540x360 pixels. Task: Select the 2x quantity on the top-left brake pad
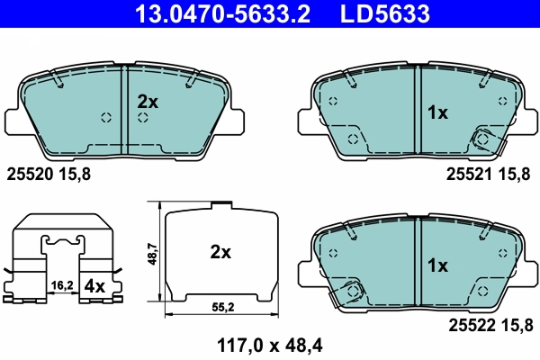(x=147, y=103)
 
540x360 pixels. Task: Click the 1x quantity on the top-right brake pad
(x=436, y=112)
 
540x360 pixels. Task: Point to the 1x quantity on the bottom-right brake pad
(x=436, y=265)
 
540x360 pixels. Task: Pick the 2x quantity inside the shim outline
(x=220, y=253)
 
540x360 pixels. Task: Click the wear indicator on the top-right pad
(x=483, y=139)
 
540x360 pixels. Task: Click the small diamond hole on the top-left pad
(x=106, y=117)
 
